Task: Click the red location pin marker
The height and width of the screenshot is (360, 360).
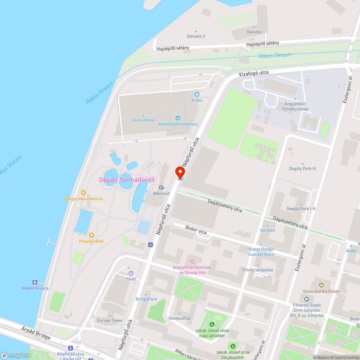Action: tap(180, 172)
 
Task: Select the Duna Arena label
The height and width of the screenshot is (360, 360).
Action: tap(143, 120)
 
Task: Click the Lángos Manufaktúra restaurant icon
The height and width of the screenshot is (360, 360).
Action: tap(84, 193)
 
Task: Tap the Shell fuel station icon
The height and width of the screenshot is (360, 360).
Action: tap(131, 273)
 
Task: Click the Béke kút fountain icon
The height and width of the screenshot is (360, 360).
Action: tap(161, 188)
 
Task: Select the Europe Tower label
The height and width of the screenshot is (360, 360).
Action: tap(110, 320)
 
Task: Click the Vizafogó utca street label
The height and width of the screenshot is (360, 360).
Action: tap(254, 73)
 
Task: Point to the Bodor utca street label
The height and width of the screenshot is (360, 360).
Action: tap(196, 230)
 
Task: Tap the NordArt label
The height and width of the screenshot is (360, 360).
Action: tap(267, 230)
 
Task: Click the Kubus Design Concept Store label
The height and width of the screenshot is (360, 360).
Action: tap(261, 252)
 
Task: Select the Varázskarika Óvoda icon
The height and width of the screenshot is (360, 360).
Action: tap(317, 280)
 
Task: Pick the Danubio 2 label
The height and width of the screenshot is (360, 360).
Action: tap(196, 36)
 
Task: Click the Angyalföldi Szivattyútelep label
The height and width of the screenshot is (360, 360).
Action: tap(295, 107)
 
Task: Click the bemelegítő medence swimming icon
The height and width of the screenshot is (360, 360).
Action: tap(178, 118)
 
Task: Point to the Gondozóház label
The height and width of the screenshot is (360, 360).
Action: tap(179, 318)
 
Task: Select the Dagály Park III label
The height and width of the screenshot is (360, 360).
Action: tap(302, 168)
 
